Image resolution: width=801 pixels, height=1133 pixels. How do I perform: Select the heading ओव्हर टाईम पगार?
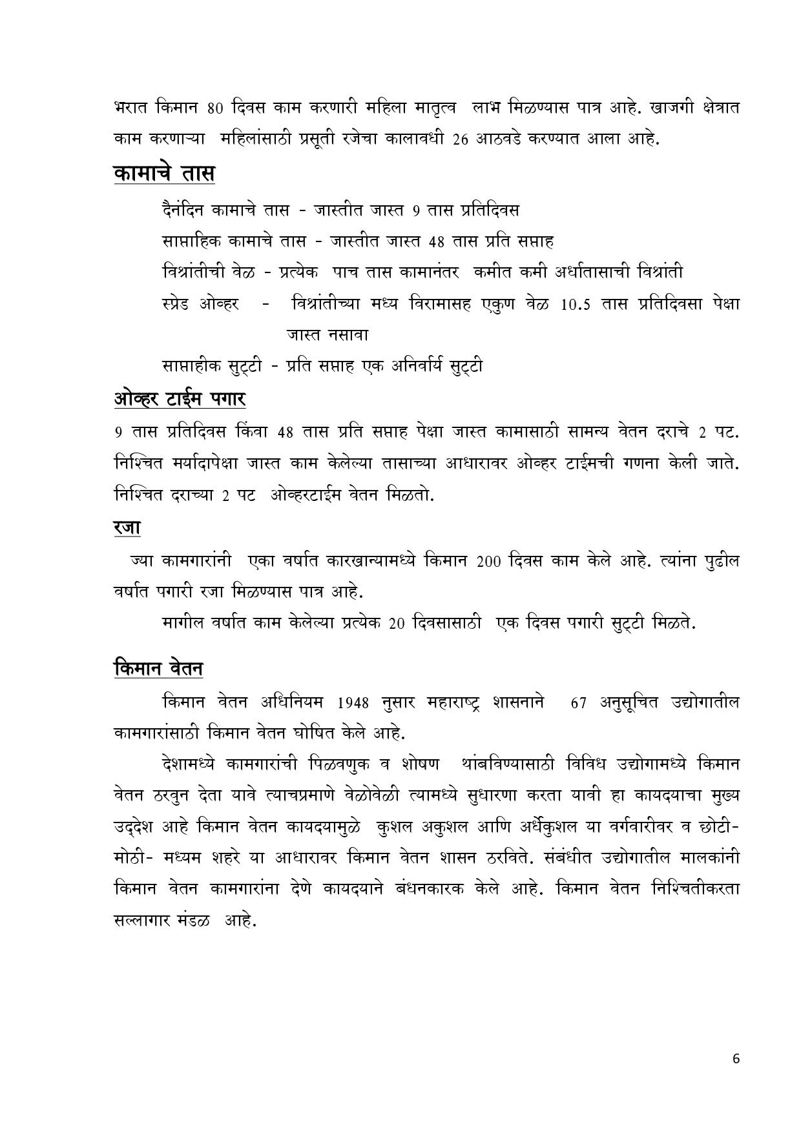point(179,399)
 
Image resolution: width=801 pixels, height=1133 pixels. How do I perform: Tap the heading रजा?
point(127,527)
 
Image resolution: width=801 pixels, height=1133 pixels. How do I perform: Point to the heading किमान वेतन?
point(158,668)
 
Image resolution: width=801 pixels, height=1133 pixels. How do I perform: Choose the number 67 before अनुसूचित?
point(579,702)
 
